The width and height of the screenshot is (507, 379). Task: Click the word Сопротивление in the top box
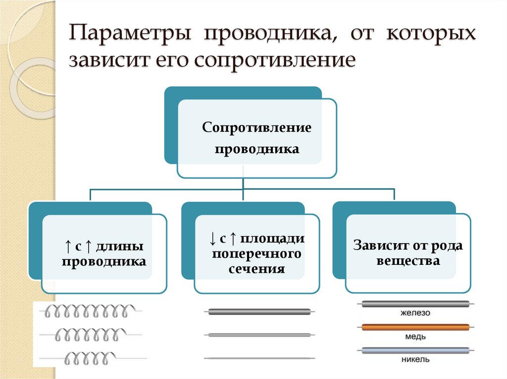pos(256,128)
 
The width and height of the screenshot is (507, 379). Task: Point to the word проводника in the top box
pos(256,149)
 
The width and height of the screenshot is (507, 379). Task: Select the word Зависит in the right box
pos(376,246)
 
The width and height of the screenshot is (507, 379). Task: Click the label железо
pos(416,313)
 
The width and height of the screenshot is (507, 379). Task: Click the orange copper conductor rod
pos(415,327)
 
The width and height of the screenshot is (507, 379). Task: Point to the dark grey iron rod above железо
pos(415,304)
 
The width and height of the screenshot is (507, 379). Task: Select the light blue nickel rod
pos(415,351)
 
